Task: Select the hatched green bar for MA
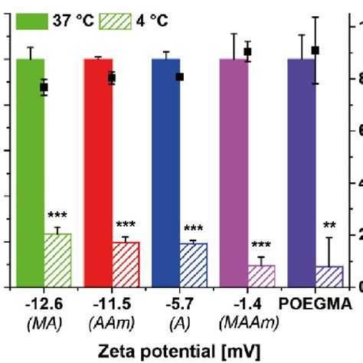[57, 260]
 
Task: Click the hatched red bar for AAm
[126, 265]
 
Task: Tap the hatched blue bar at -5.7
[193, 265]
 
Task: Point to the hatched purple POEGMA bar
[329, 276]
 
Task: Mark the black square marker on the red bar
[112, 77]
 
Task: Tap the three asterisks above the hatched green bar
[57, 215]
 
